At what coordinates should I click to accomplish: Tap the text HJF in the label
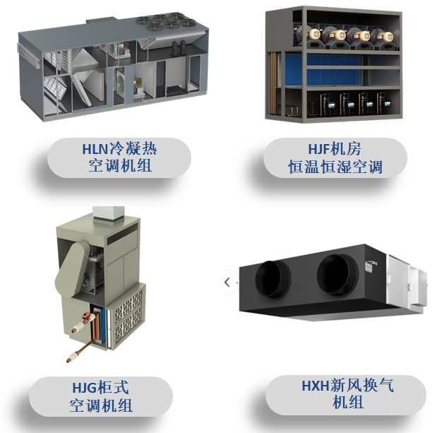tap(319, 148)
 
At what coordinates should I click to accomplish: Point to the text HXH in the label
tap(316, 386)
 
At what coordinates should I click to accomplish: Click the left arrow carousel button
tap(227, 282)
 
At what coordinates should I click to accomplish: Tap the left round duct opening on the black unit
tap(273, 279)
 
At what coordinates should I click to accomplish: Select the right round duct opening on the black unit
tap(338, 275)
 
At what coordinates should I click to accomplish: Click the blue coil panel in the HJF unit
tap(323, 70)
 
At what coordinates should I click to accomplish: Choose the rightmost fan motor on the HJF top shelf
tap(384, 37)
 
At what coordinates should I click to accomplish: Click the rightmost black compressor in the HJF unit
tap(384, 104)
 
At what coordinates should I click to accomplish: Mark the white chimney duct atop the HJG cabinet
tap(109, 215)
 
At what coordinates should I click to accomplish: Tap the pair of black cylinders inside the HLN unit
tap(179, 47)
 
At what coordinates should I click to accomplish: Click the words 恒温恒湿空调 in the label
tap(335, 167)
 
